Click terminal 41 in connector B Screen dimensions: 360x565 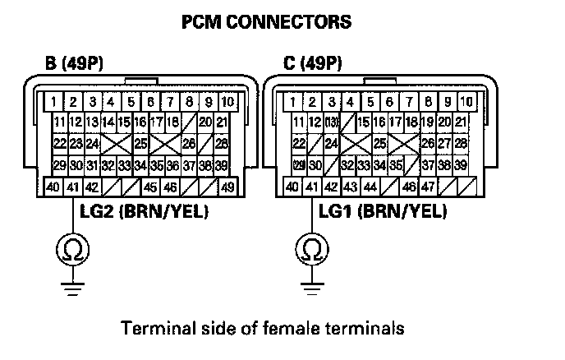(x=72, y=187)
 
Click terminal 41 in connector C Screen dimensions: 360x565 (x=311, y=187)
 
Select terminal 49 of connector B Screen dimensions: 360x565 (x=227, y=187)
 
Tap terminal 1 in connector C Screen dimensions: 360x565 (x=292, y=103)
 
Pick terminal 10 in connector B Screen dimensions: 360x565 (x=227, y=103)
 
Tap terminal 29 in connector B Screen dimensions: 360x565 (x=59, y=165)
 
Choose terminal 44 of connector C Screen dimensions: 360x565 (x=370, y=187)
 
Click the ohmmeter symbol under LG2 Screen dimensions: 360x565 (x=72, y=247)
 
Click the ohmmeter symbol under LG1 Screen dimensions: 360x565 (x=311, y=247)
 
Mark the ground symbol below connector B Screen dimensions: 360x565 (x=72, y=287)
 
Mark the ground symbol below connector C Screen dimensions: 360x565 (x=311, y=287)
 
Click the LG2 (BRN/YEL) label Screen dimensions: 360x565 (x=144, y=213)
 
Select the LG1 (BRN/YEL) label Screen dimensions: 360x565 (x=383, y=213)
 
